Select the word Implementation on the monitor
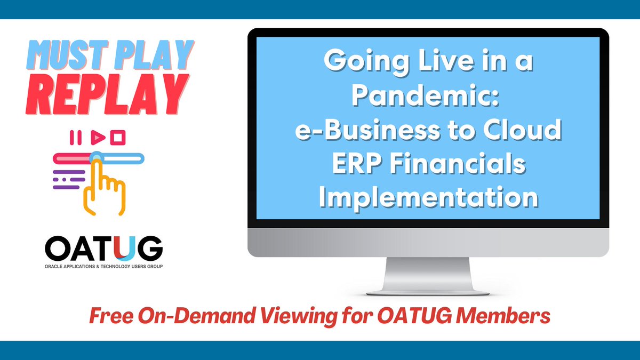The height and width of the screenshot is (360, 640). pos(431,197)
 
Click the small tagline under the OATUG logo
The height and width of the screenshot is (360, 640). pos(103,265)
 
